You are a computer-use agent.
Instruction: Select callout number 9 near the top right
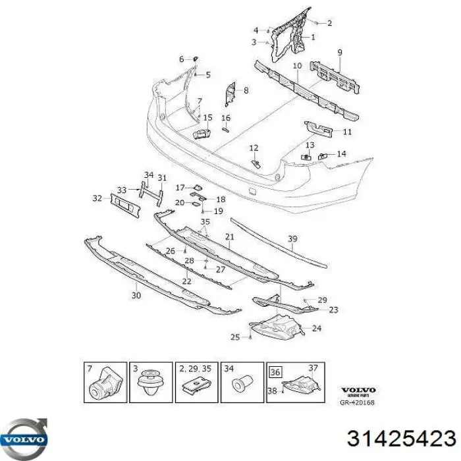click(340, 53)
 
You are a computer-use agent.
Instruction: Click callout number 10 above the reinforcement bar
click(298, 66)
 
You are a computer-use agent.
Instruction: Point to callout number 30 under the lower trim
click(136, 295)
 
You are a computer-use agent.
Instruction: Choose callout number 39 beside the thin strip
click(292, 238)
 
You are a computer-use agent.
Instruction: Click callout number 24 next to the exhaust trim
click(317, 328)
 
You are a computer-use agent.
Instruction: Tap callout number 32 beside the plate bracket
click(97, 198)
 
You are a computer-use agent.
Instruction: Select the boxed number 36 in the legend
click(275, 373)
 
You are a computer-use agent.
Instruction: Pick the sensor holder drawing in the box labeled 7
click(106, 385)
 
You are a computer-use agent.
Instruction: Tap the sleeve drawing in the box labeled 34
click(244, 383)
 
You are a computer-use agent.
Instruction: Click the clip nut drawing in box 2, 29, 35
click(195, 385)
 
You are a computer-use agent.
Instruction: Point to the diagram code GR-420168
click(357, 402)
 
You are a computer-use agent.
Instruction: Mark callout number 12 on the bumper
click(254, 148)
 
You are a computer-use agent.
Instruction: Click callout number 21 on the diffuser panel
click(230, 236)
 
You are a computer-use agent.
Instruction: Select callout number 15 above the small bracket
click(207, 118)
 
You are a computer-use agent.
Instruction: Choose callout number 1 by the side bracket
click(313, 37)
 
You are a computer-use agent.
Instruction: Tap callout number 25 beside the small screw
click(235, 337)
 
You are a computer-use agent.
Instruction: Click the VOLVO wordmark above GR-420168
click(358, 390)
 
